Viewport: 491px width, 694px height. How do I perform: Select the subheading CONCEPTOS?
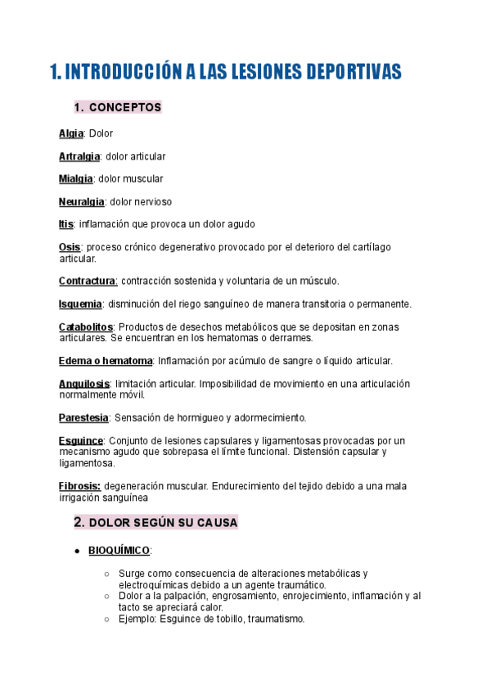click(x=124, y=107)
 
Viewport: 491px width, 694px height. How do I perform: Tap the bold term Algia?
click(x=71, y=133)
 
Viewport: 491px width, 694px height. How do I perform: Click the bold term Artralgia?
click(x=79, y=156)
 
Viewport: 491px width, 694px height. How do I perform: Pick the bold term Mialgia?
click(x=76, y=178)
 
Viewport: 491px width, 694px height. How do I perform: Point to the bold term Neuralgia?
click(x=81, y=201)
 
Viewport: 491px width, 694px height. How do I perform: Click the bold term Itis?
click(x=66, y=223)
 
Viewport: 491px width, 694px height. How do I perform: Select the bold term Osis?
click(x=70, y=246)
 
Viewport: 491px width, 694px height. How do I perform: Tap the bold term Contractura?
click(x=88, y=281)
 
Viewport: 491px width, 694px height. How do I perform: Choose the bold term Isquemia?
click(x=80, y=304)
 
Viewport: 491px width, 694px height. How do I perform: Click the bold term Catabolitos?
click(x=86, y=327)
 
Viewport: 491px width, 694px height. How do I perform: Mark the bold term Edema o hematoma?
click(x=106, y=361)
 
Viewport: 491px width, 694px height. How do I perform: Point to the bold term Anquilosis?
click(x=85, y=384)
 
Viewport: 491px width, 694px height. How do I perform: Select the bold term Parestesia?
click(x=83, y=417)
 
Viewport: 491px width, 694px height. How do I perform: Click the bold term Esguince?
click(x=80, y=440)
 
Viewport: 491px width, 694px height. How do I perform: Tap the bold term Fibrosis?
click(x=79, y=486)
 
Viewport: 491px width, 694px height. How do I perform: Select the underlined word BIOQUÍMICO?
click(x=119, y=551)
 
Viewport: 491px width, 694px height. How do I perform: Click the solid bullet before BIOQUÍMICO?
click(x=76, y=551)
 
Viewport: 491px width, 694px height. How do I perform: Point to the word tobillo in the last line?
click(x=236, y=619)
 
